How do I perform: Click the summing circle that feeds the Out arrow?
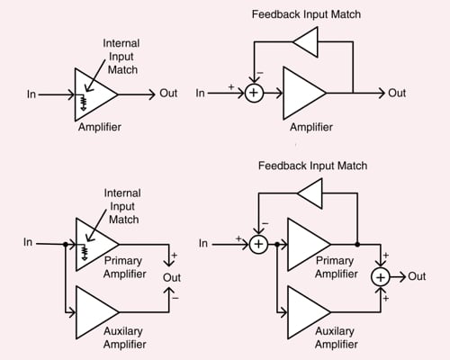coord(381,276)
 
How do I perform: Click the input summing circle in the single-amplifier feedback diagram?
coord(254,93)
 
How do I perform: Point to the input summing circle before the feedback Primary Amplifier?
coord(258,243)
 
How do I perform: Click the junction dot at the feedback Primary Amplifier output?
coord(357,243)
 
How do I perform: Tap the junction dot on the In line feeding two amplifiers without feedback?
coord(66,243)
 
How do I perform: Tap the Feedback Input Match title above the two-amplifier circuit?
coord(312,166)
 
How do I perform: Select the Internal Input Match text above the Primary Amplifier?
coord(123,205)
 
